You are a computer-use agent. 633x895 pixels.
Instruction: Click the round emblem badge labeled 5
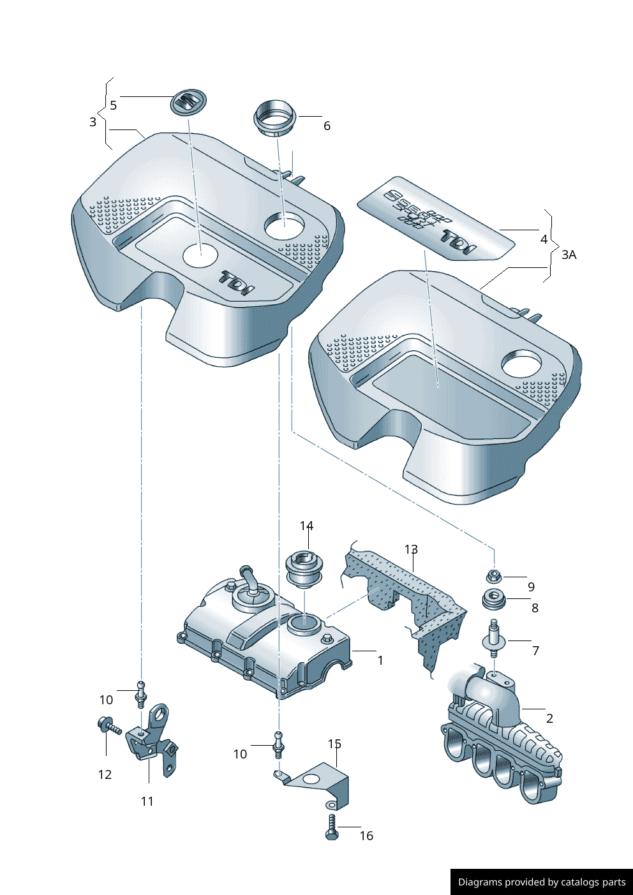pyautogui.click(x=189, y=103)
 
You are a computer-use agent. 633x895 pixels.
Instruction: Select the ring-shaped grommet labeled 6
pyautogui.click(x=275, y=117)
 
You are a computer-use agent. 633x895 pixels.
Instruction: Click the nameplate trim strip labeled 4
pyautogui.click(x=436, y=218)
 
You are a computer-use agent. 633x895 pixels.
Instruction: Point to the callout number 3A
pyautogui.click(x=569, y=255)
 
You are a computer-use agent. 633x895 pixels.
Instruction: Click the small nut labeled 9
pyautogui.click(x=494, y=577)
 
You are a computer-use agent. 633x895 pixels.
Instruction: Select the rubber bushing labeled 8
pyautogui.click(x=493, y=600)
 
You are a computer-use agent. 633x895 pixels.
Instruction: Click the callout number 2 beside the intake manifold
pyautogui.click(x=549, y=718)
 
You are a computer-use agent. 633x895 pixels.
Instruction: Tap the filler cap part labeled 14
pyautogui.click(x=305, y=568)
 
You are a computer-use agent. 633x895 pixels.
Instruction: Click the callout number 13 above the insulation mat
pyautogui.click(x=411, y=549)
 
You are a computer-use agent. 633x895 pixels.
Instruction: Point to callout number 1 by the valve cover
pyautogui.click(x=380, y=660)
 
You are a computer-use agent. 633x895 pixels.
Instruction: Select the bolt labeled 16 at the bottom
pyautogui.click(x=332, y=827)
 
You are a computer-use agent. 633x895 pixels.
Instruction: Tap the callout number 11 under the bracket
pyautogui.click(x=147, y=801)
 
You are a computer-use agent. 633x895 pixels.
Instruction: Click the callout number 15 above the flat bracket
pyautogui.click(x=334, y=744)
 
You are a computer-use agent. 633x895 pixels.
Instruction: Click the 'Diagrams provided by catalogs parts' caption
pyautogui.click(x=542, y=882)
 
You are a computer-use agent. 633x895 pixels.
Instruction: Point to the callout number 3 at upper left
pyautogui.click(x=93, y=122)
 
